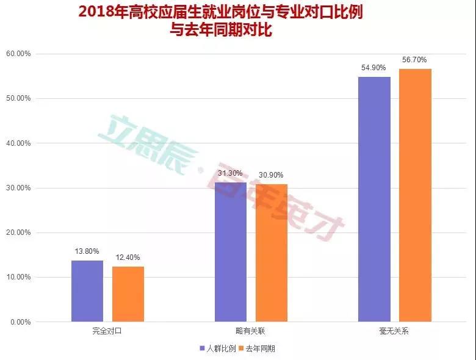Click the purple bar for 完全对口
point(87,291)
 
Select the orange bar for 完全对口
point(128,294)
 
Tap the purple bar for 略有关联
point(231,252)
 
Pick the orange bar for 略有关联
point(272,253)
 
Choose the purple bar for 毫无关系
point(374,200)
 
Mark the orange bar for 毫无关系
point(415,195)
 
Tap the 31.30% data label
point(231,174)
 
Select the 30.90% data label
point(272,176)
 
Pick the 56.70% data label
point(415,60)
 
